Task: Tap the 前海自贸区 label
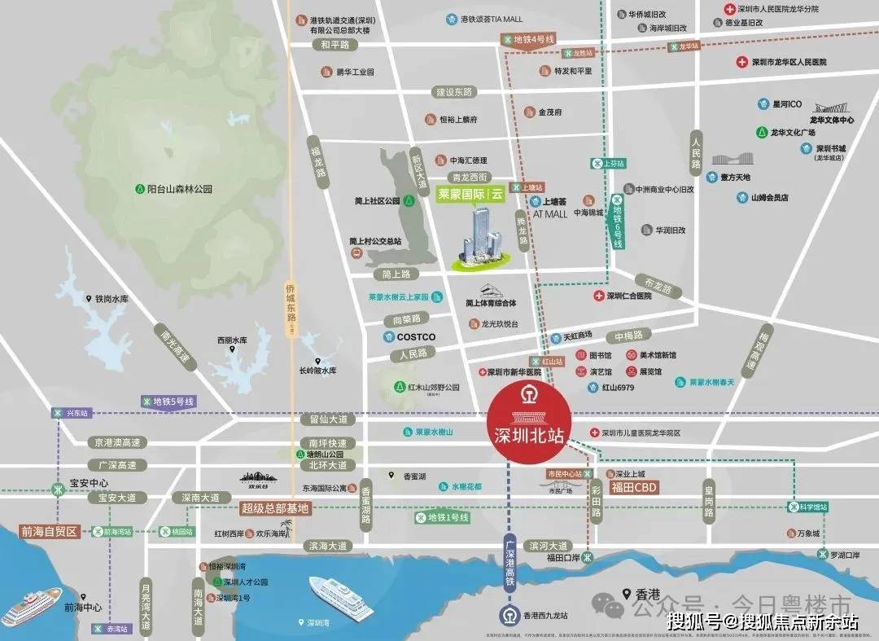click(49, 532)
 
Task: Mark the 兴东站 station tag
click(72, 413)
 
